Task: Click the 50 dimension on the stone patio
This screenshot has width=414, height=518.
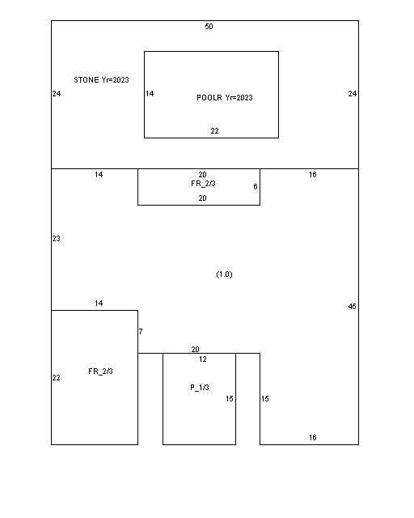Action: (x=209, y=27)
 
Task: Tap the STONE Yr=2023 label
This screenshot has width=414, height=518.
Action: (x=101, y=80)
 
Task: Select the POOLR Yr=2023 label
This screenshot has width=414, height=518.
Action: (x=225, y=98)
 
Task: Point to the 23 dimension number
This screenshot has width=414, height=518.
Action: (x=56, y=239)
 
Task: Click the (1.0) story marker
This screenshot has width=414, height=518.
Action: (x=225, y=274)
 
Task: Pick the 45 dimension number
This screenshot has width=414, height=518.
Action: (x=353, y=307)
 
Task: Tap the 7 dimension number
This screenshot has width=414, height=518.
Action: (x=141, y=331)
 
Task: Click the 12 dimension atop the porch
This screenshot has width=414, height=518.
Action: (x=203, y=359)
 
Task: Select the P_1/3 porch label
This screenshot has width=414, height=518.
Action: (x=200, y=388)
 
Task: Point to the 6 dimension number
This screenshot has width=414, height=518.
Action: (x=256, y=187)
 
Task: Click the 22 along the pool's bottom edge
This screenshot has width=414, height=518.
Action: (x=214, y=131)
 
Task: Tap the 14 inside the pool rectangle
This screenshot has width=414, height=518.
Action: (x=150, y=94)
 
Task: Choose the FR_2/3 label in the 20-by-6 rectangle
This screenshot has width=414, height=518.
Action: (x=204, y=184)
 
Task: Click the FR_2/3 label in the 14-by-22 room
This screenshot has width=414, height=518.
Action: (x=101, y=372)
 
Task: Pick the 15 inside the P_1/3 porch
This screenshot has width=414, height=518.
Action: (x=230, y=399)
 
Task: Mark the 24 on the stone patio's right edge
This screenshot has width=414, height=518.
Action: (x=353, y=94)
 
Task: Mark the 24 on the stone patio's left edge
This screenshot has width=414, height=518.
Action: (x=57, y=94)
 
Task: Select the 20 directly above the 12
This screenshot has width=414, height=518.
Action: (x=195, y=349)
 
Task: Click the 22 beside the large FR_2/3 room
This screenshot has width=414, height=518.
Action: (x=56, y=378)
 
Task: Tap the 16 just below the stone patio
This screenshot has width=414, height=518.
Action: (x=313, y=175)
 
